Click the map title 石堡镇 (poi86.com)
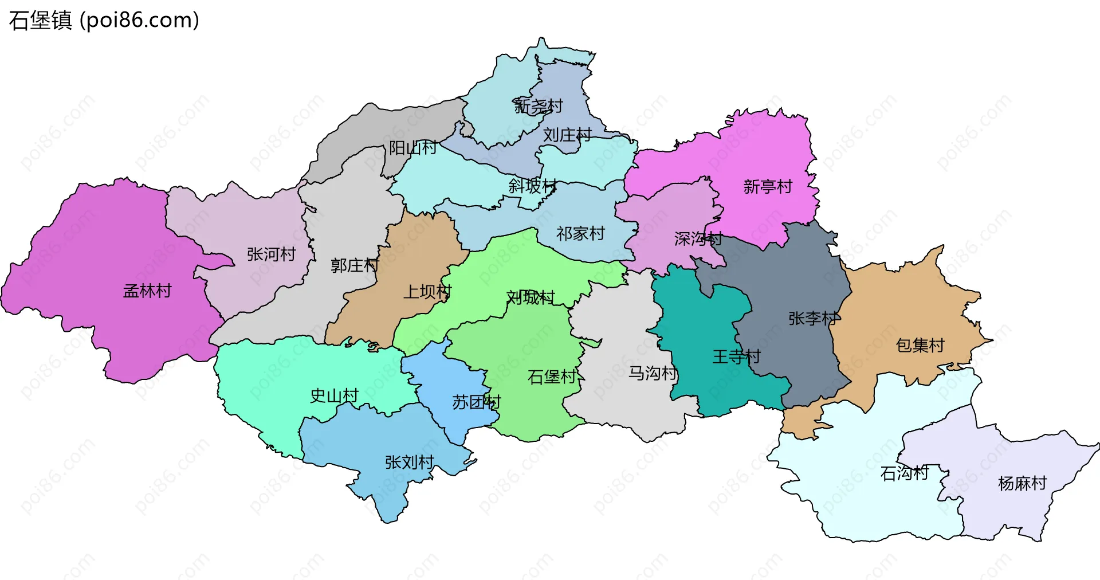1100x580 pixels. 104,21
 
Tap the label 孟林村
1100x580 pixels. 147,291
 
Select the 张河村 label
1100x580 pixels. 271,254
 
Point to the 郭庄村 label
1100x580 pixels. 355,265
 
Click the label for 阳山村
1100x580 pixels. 412,148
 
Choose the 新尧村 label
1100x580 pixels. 538,106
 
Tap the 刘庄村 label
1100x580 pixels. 567,135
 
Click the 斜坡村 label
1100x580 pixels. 532,186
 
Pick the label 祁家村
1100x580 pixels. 580,233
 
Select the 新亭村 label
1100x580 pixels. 768,186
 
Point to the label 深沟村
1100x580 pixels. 698,238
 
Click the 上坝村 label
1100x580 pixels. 427,292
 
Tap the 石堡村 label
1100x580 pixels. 552,377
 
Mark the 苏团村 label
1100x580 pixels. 476,402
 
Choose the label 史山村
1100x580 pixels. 334,395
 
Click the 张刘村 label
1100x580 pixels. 409,462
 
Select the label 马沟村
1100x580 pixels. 653,373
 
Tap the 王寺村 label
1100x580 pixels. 736,356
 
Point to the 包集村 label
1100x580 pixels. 920,345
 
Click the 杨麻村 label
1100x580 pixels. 1022,483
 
